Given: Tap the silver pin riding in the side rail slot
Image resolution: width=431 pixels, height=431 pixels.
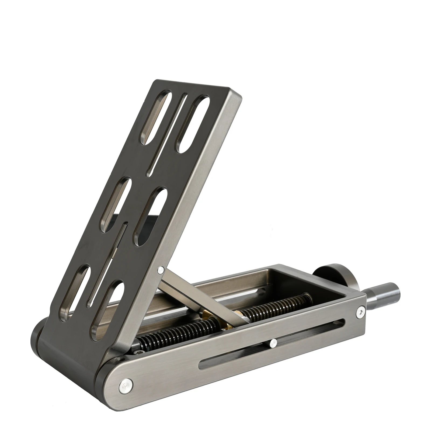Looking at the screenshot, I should [x=273, y=343].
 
